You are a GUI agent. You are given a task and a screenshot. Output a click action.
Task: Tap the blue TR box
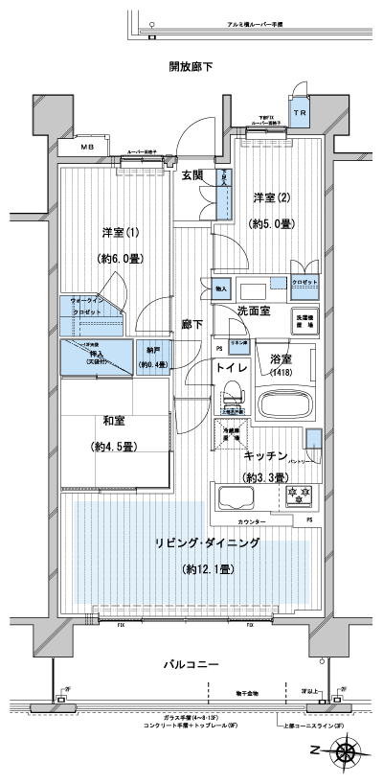[x=300, y=111]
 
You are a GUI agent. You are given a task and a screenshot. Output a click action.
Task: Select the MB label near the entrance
[x=87, y=147]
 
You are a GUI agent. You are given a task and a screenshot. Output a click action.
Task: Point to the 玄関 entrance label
[x=191, y=175]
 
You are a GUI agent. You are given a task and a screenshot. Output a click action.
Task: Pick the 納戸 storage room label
[x=153, y=351]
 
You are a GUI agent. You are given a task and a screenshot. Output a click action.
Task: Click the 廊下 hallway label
[x=191, y=325]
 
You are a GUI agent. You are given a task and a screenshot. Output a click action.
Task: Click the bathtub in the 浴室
[x=286, y=403]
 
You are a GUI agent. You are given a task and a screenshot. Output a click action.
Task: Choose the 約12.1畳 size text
[x=208, y=569]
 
